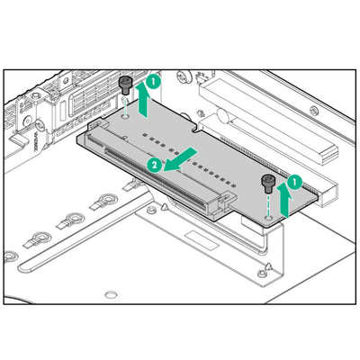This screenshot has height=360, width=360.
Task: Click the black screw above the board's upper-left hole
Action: [x=124, y=85]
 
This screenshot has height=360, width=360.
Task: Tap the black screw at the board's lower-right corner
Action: [x=267, y=184]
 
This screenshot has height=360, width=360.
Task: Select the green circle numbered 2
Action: [x=154, y=165]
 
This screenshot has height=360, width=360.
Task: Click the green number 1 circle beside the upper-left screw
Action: [x=154, y=82]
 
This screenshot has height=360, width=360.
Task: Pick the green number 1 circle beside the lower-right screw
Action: [x=295, y=182]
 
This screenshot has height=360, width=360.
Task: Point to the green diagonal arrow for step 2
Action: [x=181, y=160]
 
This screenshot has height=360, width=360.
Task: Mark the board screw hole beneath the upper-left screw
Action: [x=125, y=115]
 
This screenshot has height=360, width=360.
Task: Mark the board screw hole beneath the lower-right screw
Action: [x=268, y=217]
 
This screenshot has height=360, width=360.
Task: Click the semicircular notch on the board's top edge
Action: [x=195, y=130]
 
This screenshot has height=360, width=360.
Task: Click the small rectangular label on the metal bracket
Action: [x=202, y=240]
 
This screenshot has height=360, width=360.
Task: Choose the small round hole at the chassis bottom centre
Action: [x=110, y=294]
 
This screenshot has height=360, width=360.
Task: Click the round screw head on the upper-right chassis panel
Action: [x=313, y=111]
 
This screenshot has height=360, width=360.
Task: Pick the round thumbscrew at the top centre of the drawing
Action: [x=183, y=76]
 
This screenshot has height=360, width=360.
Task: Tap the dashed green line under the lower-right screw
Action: [x=268, y=204]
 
